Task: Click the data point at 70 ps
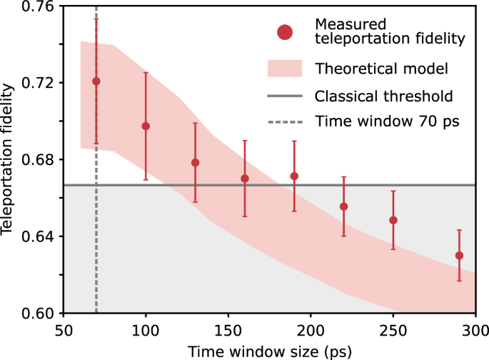96,81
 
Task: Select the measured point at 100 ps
146,126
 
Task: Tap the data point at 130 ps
195,163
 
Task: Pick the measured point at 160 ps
245,179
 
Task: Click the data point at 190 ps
294,176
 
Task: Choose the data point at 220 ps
343,206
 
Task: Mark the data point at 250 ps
393,220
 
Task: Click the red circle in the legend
286,32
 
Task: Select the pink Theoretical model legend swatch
286,69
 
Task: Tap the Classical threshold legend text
383,96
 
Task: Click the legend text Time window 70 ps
386,121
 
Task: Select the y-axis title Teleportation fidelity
9,160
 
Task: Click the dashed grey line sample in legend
286,121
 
